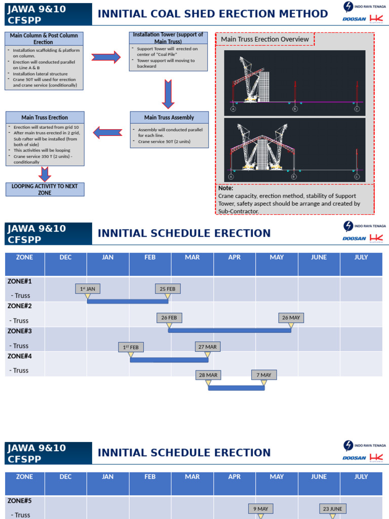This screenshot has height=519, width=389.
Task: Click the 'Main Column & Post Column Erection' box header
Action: pos(44,39)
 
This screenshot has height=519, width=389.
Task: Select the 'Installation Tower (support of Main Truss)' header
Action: pos(168,38)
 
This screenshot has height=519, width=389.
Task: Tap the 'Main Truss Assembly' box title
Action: pos(169,118)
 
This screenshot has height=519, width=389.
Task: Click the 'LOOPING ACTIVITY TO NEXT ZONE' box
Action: pos(45,190)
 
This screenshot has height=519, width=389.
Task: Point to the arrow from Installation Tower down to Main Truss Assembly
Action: pos(168,94)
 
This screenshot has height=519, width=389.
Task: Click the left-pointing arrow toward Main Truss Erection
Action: pos(107,133)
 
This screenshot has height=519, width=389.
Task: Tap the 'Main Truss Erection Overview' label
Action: pos(265,39)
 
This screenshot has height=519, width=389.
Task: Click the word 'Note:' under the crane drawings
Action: pos(226,188)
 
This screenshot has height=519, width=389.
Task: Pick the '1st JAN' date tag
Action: pos(88,289)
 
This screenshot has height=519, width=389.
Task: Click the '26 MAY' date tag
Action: pos(291,318)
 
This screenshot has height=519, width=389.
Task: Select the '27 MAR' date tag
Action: pos(208,347)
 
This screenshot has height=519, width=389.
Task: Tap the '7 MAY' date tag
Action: pos(264,375)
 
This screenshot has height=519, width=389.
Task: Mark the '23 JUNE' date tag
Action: pos(332,508)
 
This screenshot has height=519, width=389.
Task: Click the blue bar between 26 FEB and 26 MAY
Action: pos(229,330)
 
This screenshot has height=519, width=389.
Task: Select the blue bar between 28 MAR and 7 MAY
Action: pos(236,388)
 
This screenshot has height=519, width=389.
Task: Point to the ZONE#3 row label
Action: pos(20,331)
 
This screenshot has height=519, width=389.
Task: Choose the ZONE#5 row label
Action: pos(20,501)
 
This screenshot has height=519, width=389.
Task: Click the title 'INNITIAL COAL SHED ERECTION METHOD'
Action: pos(213,14)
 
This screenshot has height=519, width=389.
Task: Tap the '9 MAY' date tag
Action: pos(261,508)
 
